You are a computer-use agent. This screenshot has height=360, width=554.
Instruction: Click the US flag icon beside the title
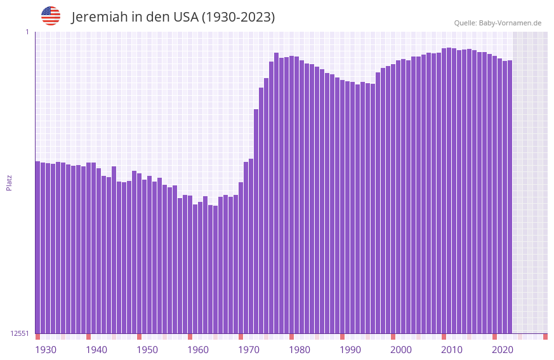[51, 16]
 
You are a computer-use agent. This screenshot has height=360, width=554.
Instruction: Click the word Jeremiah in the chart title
[100, 17]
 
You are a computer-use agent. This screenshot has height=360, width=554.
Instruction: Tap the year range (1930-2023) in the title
[238, 17]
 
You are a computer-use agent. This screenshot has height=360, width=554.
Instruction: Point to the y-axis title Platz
[9, 182]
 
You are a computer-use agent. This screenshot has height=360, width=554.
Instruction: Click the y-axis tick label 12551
[20, 333]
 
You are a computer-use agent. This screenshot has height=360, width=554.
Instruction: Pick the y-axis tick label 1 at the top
[27, 32]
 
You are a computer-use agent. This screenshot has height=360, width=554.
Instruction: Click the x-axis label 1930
[46, 350]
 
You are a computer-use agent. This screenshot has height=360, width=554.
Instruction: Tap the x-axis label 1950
[147, 350]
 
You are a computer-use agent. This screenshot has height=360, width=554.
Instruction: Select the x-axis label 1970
[249, 350]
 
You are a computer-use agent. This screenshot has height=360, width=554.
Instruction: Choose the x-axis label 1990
[350, 350]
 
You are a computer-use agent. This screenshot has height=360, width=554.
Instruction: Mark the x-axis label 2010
[452, 350]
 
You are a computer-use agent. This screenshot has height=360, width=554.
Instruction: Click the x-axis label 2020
[503, 350]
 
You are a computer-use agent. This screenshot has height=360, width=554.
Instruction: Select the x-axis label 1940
[96, 350]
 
